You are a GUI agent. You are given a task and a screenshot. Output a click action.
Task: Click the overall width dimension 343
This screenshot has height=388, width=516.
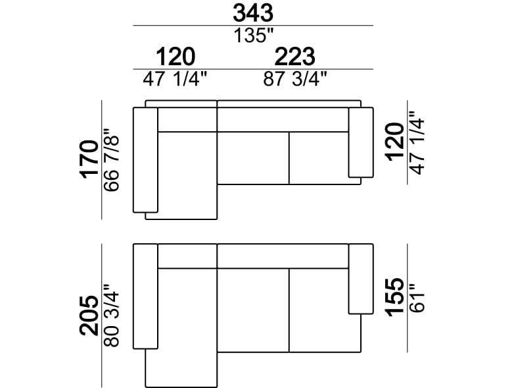tap(253, 13)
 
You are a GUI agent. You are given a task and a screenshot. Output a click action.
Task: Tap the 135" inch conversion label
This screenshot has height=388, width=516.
tap(254, 36)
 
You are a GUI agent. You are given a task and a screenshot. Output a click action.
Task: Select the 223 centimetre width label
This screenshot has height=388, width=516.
tap(295, 57)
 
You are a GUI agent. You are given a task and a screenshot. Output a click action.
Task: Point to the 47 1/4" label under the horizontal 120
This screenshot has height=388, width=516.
tap(175, 79)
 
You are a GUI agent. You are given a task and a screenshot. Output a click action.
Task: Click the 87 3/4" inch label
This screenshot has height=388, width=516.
tap(295, 79)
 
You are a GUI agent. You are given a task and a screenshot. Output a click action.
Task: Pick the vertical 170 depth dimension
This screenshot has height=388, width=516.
tap(89, 159)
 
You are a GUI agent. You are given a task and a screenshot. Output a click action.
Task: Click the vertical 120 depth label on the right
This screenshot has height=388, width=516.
tap(395, 142)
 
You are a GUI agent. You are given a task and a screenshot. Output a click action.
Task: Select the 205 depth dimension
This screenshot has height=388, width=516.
tap(89, 316)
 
